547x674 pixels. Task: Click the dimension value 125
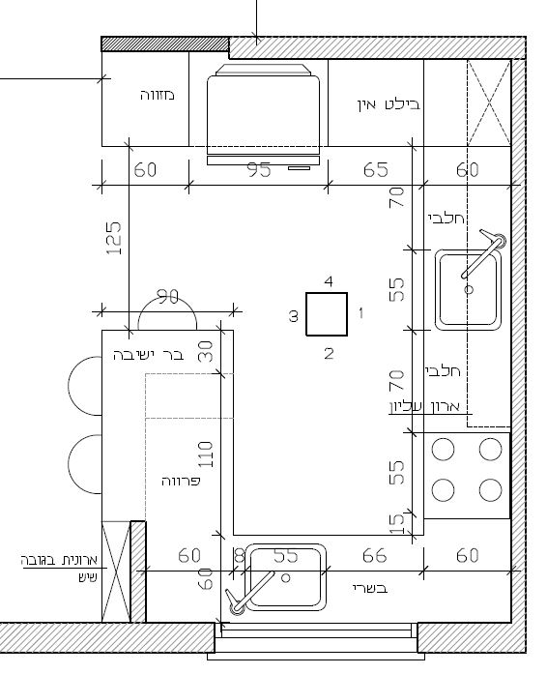coord(114,238)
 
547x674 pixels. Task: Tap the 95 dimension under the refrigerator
coord(259,170)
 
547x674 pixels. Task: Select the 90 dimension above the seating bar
coord(167,297)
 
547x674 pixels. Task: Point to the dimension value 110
coord(205,454)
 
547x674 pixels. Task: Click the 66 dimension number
coord(374,556)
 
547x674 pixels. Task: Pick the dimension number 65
coord(376,170)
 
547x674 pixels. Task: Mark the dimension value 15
coord(396,523)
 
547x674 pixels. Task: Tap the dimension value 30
coord(205,351)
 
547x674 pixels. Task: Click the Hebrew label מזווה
coord(158,95)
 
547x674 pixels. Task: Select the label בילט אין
coord(389,104)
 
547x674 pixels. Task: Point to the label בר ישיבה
coord(148,356)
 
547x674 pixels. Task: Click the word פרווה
coord(181,481)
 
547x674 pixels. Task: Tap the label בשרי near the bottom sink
coord(370,588)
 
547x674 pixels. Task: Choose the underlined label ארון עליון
coord(425,407)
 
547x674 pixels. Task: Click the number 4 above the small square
coord(329,281)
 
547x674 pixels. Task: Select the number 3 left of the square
coord(293,316)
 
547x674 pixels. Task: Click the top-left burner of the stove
coord(443,450)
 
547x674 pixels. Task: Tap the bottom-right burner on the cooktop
coord(490,490)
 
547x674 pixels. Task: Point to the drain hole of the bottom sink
coord(286,578)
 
